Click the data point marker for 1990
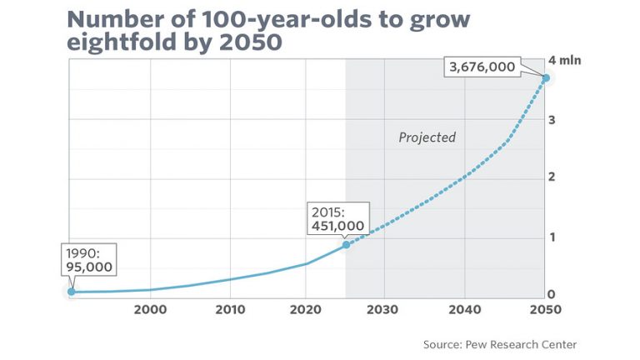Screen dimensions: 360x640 click(x=71, y=292)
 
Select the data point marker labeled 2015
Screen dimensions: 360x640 click(x=346, y=244)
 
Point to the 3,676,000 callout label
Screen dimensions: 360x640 click(x=482, y=67)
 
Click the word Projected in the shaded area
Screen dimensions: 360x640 click(x=427, y=137)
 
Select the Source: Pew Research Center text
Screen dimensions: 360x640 click(x=499, y=344)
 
